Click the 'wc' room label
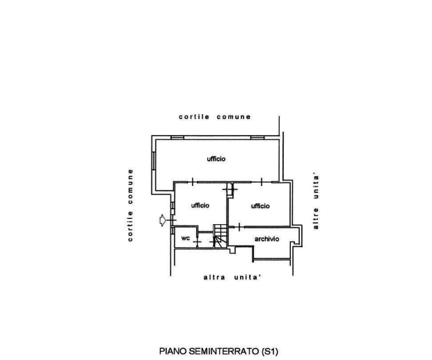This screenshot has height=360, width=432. (x=185, y=239)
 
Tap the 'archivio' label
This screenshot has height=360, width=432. (x=267, y=239)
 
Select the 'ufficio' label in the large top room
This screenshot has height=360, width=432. (x=217, y=159)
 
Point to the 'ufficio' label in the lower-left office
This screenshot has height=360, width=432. (x=199, y=206)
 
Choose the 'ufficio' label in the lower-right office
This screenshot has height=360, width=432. (x=260, y=206)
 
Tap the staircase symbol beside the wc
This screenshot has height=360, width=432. (x=220, y=237)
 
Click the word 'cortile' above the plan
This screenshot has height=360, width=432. (x=193, y=116)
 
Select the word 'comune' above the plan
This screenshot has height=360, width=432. (x=233, y=116)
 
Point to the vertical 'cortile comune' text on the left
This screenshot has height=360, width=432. (x=131, y=205)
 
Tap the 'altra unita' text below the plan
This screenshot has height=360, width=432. (x=232, y=278)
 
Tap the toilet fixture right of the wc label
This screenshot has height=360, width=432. (x=205, y=240)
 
